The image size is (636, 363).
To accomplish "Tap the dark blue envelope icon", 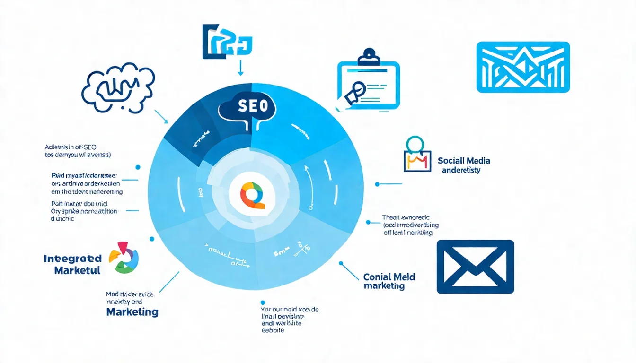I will click(475, 267).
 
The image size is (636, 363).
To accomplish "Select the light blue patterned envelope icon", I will click(523, 67).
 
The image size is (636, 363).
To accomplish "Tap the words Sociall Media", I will click(464, 161).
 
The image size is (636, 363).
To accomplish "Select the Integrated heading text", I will click(72, 259).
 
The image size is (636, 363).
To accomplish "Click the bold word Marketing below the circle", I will click(132, 312).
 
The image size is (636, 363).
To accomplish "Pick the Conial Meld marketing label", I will click(389, 281).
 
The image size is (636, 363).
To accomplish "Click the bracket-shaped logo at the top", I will click(227, 43).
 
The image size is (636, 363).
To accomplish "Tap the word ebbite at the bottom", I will click(273, 330).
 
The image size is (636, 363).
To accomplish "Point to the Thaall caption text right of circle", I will click(407, 225).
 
